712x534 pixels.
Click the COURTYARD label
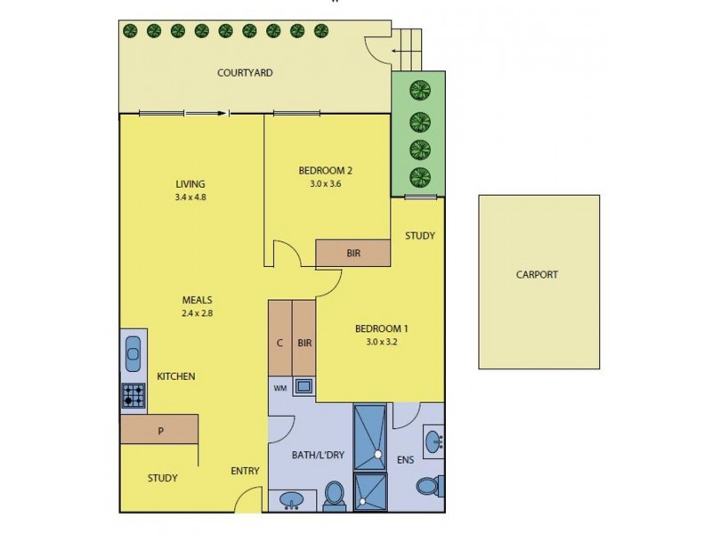pyautogui.click(x=245, y=73)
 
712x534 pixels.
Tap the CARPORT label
pyautogui.click(x=537, y=275)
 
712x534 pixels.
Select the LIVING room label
pyautogui.click(x=190, y=184)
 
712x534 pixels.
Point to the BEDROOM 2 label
pyautogui.click(x=326, y=171)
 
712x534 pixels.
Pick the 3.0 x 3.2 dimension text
pyautogui.click(x=381, y=341)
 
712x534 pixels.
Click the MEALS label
pyautogui.click(x=198, y=300)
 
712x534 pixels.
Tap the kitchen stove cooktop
pyautogui.click(x=133, y=395)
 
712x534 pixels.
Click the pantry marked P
pyautogui.click(x=160, y=432)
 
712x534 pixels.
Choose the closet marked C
pyautogui.click(x=279, y=342)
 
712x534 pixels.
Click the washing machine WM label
pyautogui.click(x=279, y=387)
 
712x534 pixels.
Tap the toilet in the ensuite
pyautogui.click(x=427, y=486)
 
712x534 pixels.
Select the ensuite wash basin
pyautogui.click(x=434, y=442)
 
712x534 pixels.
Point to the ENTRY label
pyautogui.click(x=245, y=472)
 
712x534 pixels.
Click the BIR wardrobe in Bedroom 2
pyautogui.click(x=353, y=254)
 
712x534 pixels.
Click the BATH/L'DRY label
pyautogui.click(x=318, y=455)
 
